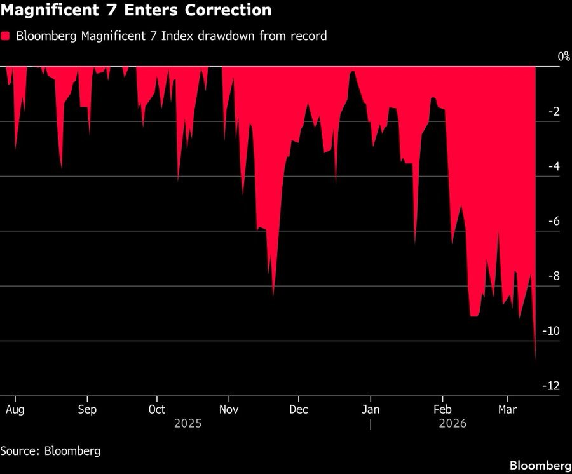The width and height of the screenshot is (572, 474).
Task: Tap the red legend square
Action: tap(6, 36)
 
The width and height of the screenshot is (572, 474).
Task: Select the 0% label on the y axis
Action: tap(564, 57)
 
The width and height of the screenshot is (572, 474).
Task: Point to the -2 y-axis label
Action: tap(554, 112)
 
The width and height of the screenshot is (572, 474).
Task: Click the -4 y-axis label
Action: tap(554, 166)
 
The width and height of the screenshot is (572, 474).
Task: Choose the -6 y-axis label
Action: tap(554, 221)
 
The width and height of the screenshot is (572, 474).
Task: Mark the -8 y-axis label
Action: tap(554, 276)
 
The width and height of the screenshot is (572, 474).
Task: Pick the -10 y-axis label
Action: tap(551, 330)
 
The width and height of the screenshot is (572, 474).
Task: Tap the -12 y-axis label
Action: tap(551, 386)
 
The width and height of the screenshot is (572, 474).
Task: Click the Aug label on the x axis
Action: tap(15, 409)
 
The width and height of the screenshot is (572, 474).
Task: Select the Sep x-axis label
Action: tap(87, 409)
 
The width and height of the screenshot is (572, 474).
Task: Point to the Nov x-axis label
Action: tap(229, 409)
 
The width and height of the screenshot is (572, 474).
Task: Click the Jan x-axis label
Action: tap(371, 409)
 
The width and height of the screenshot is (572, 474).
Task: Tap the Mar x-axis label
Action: tap(508, 409)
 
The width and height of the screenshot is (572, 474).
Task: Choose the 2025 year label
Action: tap(187, 423)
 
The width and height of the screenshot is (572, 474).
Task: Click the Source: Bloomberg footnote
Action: tap(50, 451)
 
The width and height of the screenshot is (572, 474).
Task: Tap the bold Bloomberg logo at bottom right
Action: tap(540, 466)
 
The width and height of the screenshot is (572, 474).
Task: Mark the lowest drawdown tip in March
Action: tap(535, 358)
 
